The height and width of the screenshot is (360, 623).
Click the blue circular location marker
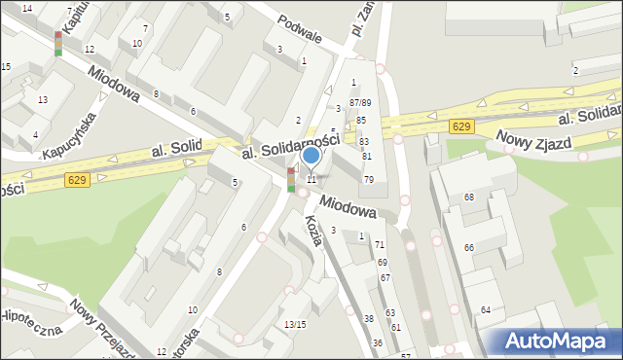[311, 156]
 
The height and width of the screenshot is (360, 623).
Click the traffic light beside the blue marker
[291, 180]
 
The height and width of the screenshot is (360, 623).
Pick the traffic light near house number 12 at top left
[58, 44]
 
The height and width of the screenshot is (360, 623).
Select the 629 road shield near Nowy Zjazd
[462, 126]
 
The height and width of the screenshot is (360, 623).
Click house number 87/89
[360, 102]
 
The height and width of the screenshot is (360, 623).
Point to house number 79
[369, 179]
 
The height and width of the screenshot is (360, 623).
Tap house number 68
[468, 198]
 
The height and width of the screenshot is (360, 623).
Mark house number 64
[485, 309]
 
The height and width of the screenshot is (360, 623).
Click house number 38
[369, 319]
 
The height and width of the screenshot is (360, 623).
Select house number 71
[380, 244]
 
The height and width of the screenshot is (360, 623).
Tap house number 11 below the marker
[311, 179]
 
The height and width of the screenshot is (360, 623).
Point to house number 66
[469, 248]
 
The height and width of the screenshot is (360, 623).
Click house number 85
[361, 120]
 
